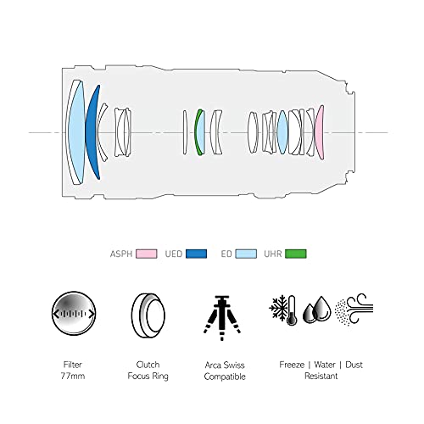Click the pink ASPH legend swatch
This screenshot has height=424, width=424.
(147, 254)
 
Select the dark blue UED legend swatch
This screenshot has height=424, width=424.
(196, 254)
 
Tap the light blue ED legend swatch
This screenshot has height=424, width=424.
(246, 254)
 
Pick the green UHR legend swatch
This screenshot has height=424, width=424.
(296, 254)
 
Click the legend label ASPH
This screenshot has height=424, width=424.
(121, 254)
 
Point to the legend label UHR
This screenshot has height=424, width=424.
(273, 254)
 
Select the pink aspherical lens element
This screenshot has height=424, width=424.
(319, 132)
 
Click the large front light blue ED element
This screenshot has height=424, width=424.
(77, 132)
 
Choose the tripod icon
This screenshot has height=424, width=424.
(222, 317)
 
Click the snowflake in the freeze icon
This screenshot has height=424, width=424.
(278, 308)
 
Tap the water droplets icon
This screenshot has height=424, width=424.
(317, 310)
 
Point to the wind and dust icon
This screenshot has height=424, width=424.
(354, 310)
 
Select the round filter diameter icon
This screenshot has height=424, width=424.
(74, 313)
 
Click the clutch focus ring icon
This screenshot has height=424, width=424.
(148, 315)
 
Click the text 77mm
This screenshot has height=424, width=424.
(73, 377)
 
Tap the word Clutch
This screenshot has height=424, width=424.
(148, 365)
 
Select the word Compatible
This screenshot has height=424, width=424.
(225, 377)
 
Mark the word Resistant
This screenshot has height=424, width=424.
(321, 377)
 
